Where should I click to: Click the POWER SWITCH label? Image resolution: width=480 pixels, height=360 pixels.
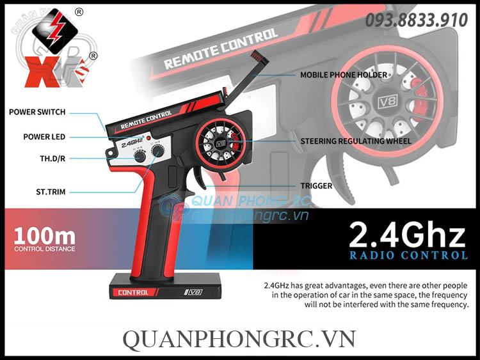coord(37,112)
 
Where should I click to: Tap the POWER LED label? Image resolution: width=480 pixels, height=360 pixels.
coord(44,137)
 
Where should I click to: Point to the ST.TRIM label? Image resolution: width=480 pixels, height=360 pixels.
coord(51,191)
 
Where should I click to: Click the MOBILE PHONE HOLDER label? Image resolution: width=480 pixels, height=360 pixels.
coord(344,75)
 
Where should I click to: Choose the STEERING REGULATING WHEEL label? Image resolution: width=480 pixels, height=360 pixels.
coord(356,141)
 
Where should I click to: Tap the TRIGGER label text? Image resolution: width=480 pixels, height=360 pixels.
coord(316,186)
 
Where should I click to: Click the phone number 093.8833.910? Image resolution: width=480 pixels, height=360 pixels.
coord(416,20)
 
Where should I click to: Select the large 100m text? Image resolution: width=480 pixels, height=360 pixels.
coord(43,234)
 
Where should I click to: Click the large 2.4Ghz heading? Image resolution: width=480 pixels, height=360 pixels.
coord(407,235)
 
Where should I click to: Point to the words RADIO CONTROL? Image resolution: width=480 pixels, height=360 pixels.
coord(408,255)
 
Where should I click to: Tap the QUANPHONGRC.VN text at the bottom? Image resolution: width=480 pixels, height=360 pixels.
coord(239,338)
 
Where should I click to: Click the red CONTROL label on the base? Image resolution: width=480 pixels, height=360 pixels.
coord(133,292)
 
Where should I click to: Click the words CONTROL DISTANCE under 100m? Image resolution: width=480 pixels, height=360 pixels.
coord(44,249)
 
